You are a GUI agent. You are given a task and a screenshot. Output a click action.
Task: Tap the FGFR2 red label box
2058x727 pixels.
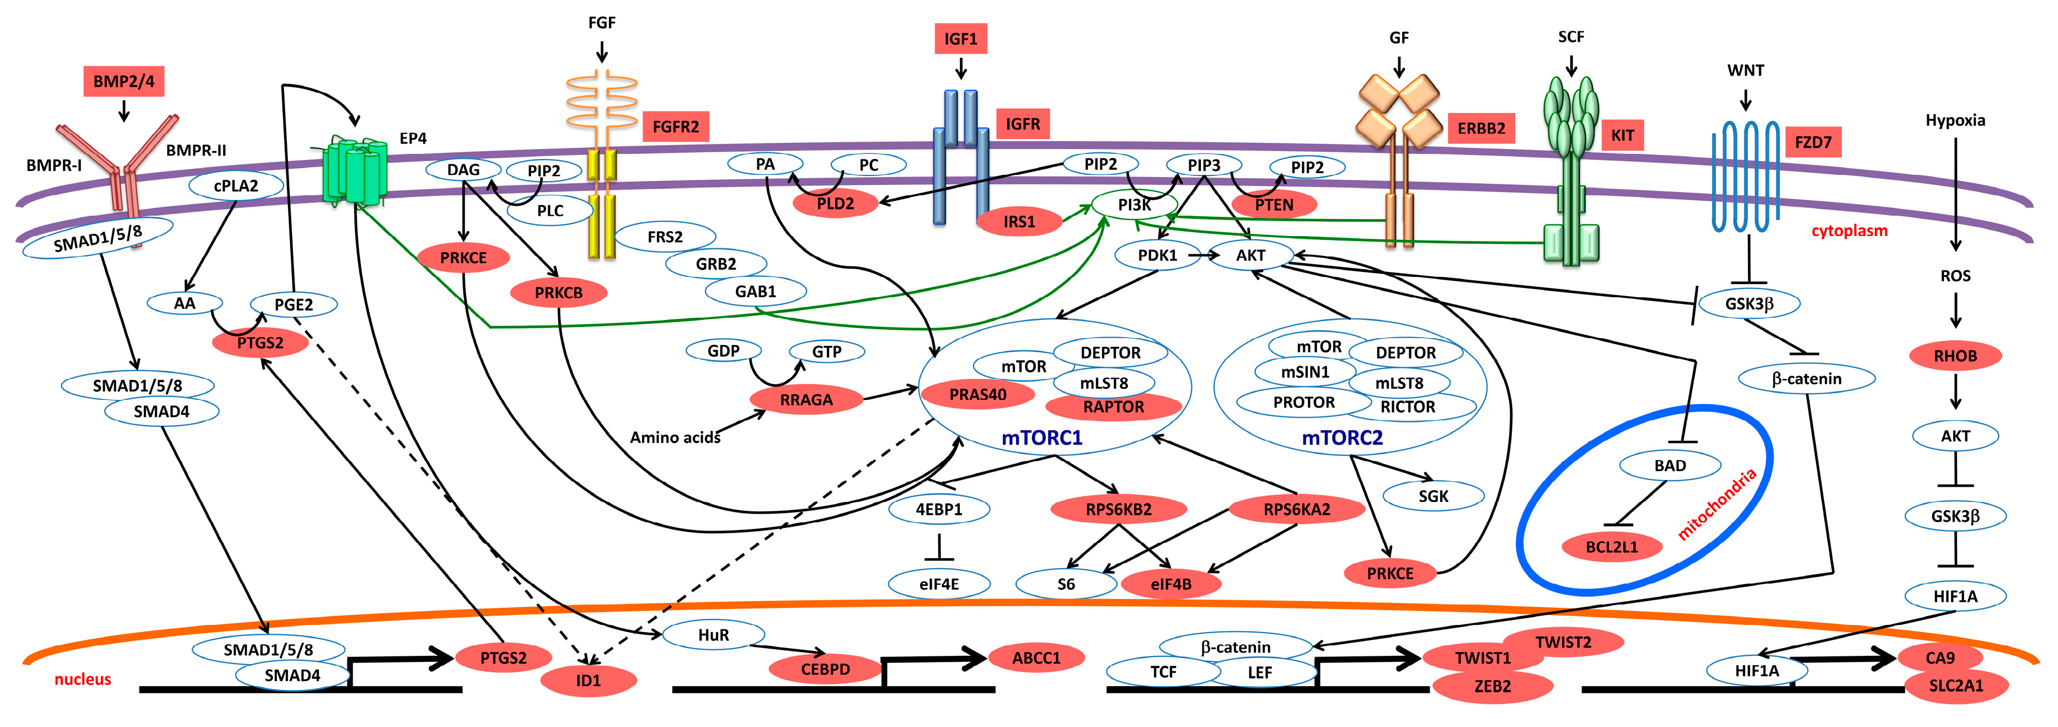[x=675, y=126]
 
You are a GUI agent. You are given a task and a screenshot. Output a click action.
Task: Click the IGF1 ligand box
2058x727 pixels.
[x=960, y=39]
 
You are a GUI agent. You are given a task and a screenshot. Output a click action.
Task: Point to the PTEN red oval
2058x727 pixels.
[x=1274, y=205]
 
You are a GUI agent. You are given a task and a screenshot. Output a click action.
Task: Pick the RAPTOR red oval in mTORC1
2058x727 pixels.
[x=1113, y=407]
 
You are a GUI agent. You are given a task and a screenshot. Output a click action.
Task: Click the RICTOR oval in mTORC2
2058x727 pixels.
[x=1408, y=407]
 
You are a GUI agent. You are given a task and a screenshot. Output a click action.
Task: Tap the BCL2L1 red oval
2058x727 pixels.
[x=1611, y=547]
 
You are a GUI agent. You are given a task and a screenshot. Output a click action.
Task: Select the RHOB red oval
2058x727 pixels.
[x=1955, y=356]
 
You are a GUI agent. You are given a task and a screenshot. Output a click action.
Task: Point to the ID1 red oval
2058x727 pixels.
[x=588, y=681]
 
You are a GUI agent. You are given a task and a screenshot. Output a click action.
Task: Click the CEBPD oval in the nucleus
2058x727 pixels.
[x=825, y=669]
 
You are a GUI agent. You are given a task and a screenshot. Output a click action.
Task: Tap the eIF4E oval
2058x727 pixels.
[x=939, y=584]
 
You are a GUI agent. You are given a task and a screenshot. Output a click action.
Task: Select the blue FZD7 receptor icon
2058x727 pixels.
[x=1746, y=176]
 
